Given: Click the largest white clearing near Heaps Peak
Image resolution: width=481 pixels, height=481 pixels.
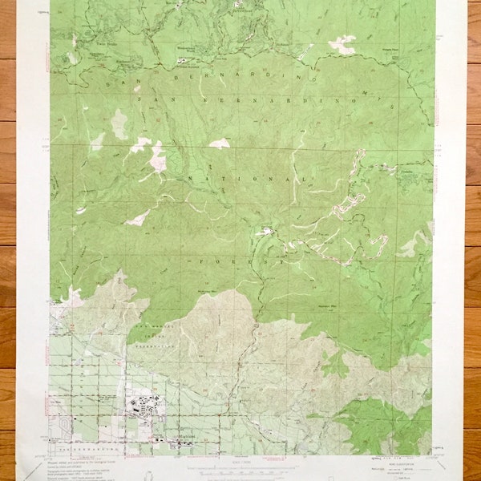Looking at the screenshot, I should coord(342,44).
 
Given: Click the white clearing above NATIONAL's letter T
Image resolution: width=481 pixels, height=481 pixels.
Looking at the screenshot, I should coord(219,143).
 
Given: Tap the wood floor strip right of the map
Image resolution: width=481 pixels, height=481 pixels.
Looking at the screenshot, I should coord(474,240).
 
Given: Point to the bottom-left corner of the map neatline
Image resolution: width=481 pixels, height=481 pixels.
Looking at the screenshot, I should coord(50,455).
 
